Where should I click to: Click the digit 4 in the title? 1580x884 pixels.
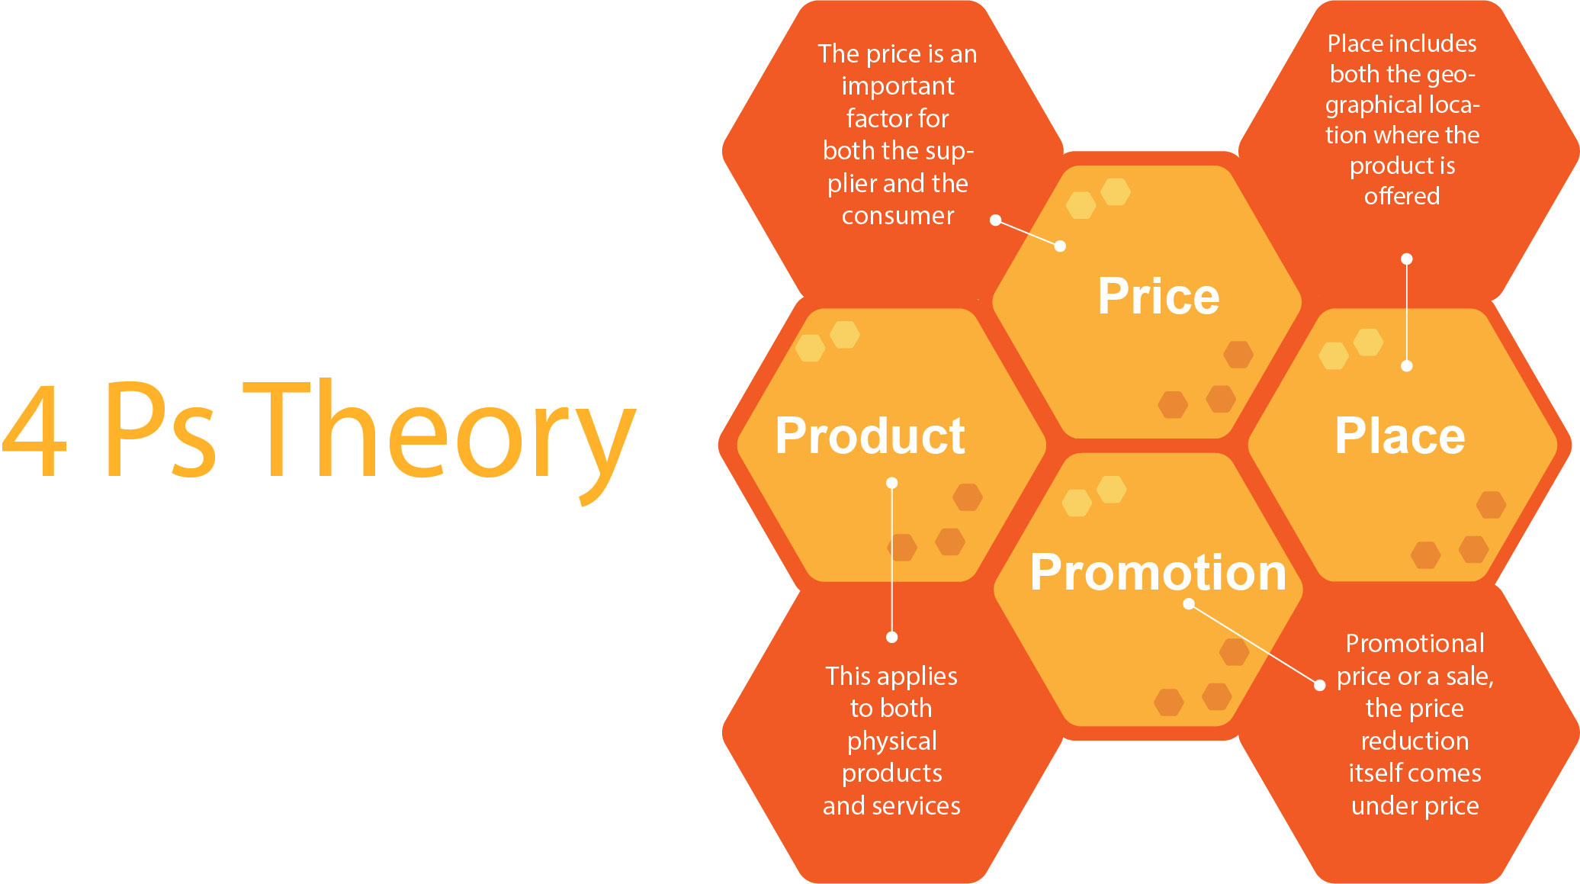pyautogui.click(x=34, y=430)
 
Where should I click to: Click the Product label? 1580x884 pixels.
pyautogui.click(x=870, y=436)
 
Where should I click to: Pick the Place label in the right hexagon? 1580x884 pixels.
pyautogui.click(x=1400, y=436)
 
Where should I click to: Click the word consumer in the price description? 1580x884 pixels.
pyautogui.click(x=898, y=216)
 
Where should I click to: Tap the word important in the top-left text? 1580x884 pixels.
pyautogui.click(x=898, y=86)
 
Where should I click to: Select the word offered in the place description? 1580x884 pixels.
pyautogui.click(x=1402, y=196)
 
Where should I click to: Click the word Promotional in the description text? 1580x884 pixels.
pyautogui.click(x=1415, y=643)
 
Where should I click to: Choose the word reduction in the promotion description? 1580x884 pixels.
pyautogui.click(x=1415, y=741)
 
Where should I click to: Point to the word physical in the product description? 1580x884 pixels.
pyautogui.click(x=891, y=741)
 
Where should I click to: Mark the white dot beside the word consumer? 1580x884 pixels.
pyautogui.click(x=995, y=220)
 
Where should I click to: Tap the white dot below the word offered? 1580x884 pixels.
pyautogui.click(x=1407, y=259)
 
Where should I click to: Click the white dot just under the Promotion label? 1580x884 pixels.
pyautogui.click(x=1189, y=604)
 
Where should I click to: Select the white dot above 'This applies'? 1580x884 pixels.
pyautogui.click(x=891, y=637)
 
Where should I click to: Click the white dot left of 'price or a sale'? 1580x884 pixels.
pyautogui.click(x=1320, y=685)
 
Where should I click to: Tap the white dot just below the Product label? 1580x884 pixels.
pyautogui.click(x=891, y=483)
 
